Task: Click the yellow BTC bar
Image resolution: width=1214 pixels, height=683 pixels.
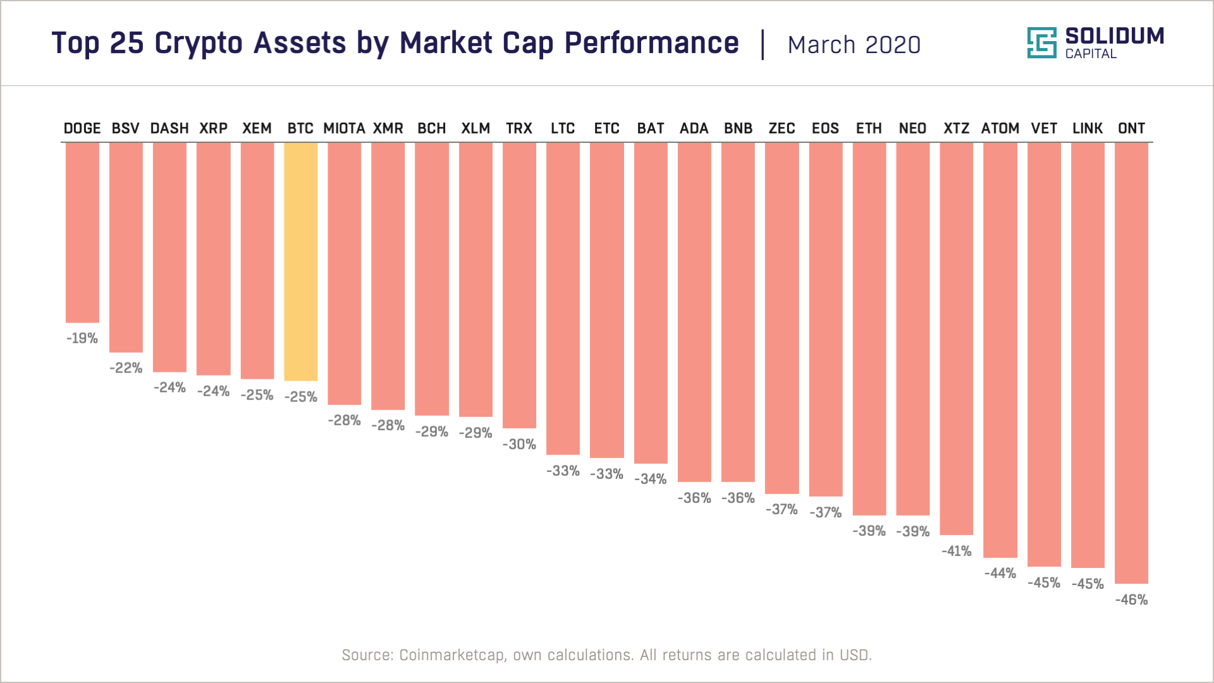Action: point(300,261)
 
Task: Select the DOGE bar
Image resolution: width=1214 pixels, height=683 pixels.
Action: point(82,232)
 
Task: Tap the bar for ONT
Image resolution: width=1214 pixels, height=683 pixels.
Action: point(1131,362)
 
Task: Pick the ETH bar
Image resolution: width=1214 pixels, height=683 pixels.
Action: point(869,328)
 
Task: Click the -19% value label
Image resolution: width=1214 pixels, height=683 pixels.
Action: point(82,338)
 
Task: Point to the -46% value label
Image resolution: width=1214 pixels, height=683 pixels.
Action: point(1131,600)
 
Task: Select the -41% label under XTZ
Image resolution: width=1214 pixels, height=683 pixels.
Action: point(956,551)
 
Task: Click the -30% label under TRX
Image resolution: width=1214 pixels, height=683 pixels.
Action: point(519,444)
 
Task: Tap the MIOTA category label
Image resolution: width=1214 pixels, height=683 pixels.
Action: point(344,128)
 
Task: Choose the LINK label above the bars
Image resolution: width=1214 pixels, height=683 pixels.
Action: point(1088,128)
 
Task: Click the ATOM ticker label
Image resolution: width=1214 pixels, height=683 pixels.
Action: point(1000,128)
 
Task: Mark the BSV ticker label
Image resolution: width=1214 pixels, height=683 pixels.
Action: point(125,128)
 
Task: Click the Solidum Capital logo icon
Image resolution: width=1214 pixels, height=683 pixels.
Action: point(1041,43)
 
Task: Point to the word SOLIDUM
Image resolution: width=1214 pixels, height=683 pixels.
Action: point(1114,36)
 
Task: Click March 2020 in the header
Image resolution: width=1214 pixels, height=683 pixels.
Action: point(854,45)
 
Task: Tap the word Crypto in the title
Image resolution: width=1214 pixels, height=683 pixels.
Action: point(199,44)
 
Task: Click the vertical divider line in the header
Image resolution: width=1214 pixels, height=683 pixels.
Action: point(763,44)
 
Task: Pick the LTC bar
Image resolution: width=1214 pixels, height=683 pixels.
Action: point(563,298)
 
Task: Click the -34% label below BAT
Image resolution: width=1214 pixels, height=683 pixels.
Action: point(650,479)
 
